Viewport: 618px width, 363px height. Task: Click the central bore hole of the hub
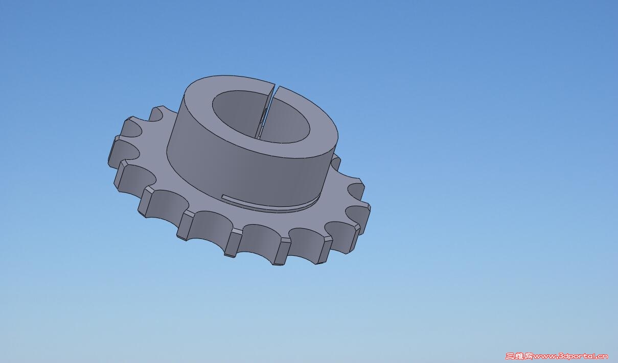pyautogui.click(x=261, y=117)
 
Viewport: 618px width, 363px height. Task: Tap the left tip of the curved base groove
pyautogui.click(x=221, y=197)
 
